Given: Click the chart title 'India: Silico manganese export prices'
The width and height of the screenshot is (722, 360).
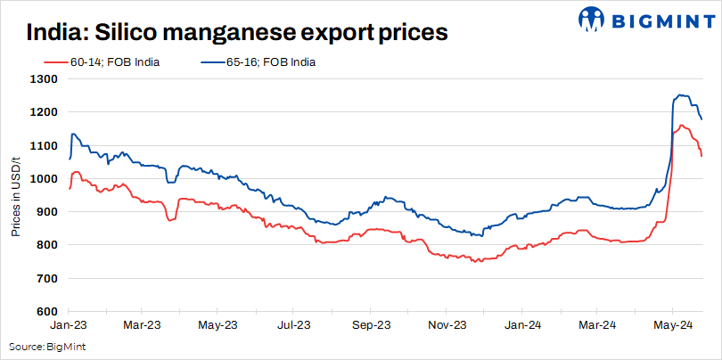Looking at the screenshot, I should coord(236,33).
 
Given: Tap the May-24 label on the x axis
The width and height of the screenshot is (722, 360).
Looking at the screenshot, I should coord(675,327).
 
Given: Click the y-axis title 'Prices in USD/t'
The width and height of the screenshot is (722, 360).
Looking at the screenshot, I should coord(16,194).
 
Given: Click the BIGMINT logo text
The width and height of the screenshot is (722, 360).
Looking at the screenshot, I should coord(658,18).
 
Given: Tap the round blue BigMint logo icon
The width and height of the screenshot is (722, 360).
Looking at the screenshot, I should coord(591,19).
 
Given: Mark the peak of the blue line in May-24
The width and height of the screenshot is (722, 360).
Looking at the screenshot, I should coord(680,95).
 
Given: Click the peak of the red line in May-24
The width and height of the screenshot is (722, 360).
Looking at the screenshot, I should coord(681,126).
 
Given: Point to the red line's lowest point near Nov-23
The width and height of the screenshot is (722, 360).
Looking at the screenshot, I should coord(477,261).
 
